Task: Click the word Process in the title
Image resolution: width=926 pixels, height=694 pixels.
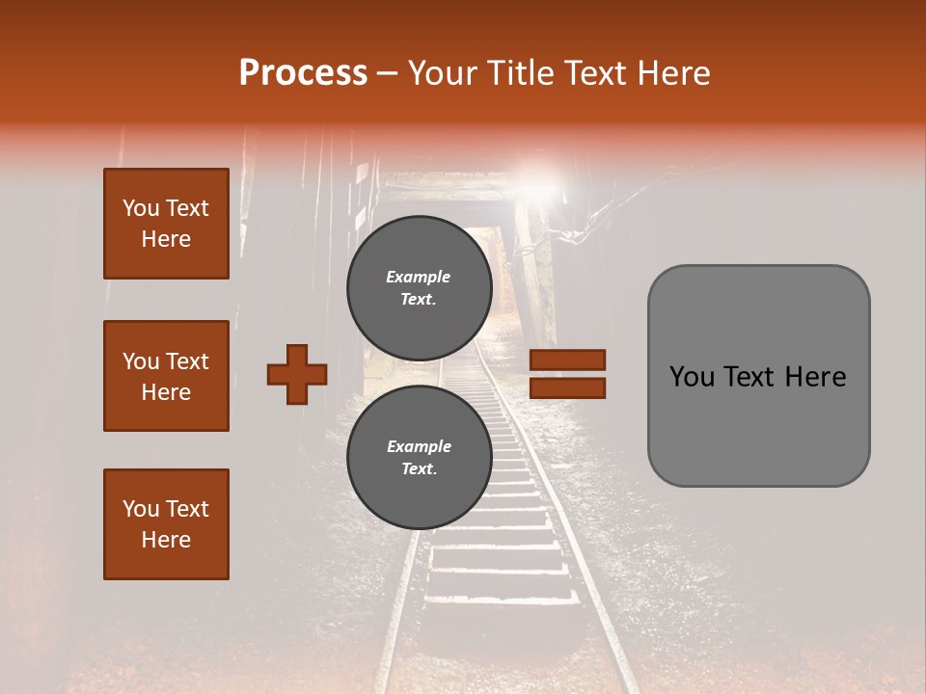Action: click(x=303, y=73)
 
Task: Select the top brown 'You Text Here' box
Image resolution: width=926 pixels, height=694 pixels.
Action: click(x=166, y=224)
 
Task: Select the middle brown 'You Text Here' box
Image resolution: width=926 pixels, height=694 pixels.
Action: click(x=166, y=376)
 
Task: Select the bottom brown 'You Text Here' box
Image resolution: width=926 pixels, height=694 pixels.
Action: click(x=166, y=523)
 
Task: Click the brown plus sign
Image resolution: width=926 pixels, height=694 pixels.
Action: click(x=297, y=374)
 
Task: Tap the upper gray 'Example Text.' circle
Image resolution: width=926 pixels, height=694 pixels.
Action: click(x=418, y=287)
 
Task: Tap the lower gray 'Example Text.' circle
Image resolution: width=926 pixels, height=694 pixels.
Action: click(x=418, y=457)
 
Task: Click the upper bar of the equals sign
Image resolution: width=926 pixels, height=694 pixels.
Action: click(x=568, y=360)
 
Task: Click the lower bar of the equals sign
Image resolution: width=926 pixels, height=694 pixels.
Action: click(x=568, y=388)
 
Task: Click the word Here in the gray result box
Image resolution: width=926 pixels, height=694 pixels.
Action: click(x=816, y=377)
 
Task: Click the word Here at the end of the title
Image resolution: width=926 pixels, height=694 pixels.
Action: click(x=675, y=73)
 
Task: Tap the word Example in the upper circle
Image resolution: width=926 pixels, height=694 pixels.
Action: click(x=418, y=277)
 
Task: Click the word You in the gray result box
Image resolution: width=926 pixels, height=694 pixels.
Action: click(x=691, y=377)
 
